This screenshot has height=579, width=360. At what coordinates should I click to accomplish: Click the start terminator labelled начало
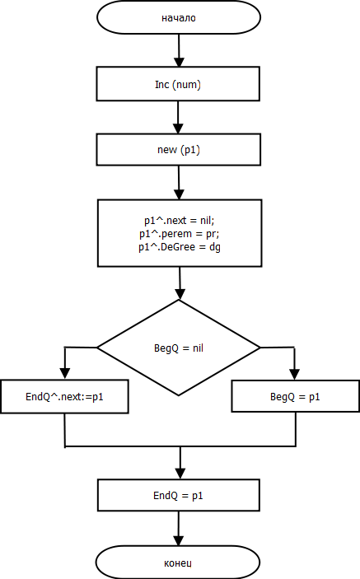tap(179, 17)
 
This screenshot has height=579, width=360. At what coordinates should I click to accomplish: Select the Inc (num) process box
tap(178, 84)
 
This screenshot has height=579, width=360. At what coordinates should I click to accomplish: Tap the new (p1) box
tap(178, 150)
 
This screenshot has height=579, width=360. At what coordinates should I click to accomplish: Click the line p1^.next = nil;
tap(179, 221)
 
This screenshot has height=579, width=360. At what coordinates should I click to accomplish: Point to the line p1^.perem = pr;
tap(179, 234)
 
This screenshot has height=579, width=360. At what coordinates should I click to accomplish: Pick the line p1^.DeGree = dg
tap(180, 247)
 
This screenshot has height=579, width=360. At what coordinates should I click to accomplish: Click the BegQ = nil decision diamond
tap(179, 348)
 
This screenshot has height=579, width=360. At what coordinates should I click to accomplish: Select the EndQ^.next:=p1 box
tap(64, 397)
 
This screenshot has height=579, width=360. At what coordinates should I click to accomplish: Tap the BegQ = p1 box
tap(296, 397)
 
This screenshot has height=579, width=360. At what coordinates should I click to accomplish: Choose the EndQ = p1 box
tap(179, 495)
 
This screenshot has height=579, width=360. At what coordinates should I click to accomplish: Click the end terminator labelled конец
tap(178, 563)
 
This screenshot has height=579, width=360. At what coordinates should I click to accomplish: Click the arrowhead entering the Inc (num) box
tap(179, 62)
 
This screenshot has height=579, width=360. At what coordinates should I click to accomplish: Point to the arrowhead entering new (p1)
tap(178, 128)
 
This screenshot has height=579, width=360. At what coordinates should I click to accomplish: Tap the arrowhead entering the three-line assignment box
tap(179, 195)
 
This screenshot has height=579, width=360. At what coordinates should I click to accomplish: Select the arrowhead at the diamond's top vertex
tap(180, 294)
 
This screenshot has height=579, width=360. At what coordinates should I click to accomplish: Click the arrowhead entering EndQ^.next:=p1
tap(65, 375)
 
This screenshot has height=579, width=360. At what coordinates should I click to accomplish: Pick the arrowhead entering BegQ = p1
tap(295, 376)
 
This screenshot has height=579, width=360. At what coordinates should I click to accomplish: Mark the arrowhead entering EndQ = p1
tap(180, 474)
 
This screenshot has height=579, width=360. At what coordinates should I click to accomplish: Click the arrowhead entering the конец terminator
tap(179, 541)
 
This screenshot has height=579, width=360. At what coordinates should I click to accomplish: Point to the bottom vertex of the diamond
tap(179, 395)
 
